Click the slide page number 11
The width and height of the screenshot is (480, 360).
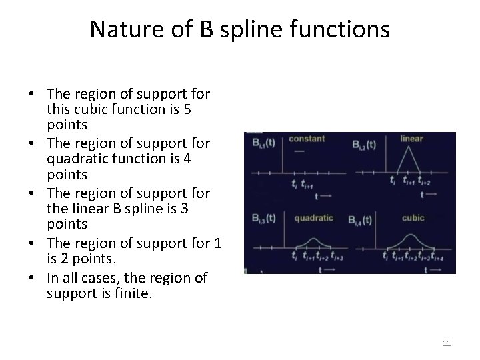coord(447,343)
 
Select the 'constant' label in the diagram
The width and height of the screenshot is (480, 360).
coord(307,139)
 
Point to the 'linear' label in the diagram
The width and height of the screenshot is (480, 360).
coord(411,139)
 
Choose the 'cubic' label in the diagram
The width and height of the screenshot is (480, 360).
coord(413,217)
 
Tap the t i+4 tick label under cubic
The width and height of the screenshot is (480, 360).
coord(438,256)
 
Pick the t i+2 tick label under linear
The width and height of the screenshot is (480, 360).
coord(424,181)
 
